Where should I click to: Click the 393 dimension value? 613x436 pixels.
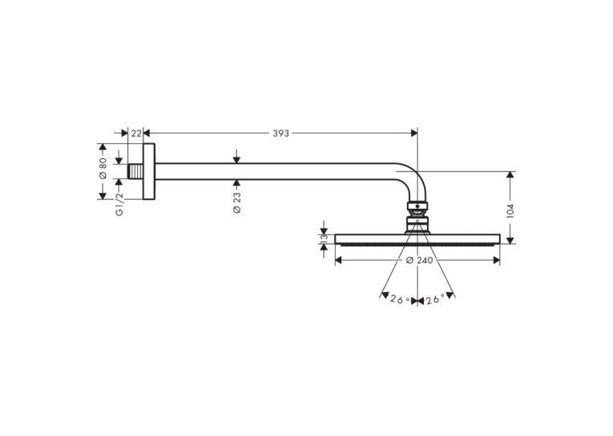[x=280, y=134]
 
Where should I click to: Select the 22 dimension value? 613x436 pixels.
[x=136, y=134]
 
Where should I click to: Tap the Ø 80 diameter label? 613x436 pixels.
[x=103, y=168]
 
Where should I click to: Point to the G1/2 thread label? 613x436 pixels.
[x=119, y=204]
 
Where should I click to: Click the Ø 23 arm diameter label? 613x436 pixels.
[x=237, y=202]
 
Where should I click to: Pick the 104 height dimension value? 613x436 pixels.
[x=510, y=211]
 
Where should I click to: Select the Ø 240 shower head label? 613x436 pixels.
[x=419, y=260]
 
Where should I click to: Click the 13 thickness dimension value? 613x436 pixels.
[x=324, y=239]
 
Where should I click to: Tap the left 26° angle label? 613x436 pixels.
[x=401, y=299]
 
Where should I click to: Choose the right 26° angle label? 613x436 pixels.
[x=435, y=299]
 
